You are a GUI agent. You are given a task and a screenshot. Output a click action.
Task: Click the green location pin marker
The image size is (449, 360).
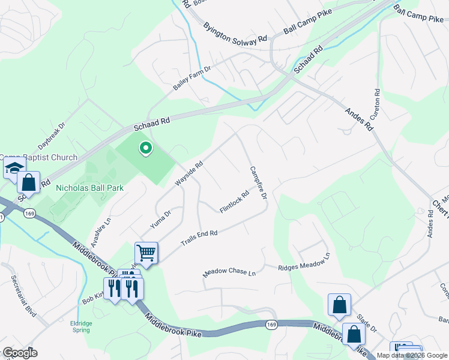[x=145, y=148]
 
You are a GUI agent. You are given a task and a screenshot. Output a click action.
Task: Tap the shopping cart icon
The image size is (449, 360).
[x=146, y=253]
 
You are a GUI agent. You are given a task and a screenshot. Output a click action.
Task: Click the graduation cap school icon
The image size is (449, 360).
[x=14, y=169]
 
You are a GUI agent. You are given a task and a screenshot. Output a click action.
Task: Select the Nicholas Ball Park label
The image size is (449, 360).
[x=89, y=188]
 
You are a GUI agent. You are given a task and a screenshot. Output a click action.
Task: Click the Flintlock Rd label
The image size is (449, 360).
[x=235, y=202]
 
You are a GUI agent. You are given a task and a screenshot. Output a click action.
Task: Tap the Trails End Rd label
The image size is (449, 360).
[x=199, y=238]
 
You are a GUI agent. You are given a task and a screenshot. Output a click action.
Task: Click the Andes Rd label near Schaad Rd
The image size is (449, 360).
[x=359, y=119]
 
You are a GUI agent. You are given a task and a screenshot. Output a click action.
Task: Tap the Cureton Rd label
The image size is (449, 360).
[x=378, y=103]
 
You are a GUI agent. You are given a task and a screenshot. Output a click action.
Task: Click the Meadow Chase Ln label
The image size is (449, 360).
[x=229, y=272]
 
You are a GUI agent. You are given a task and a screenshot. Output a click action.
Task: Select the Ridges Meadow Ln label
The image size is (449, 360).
[x=304, y=264]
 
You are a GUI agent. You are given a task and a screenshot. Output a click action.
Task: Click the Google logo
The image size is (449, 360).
[x=20, y=353]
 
